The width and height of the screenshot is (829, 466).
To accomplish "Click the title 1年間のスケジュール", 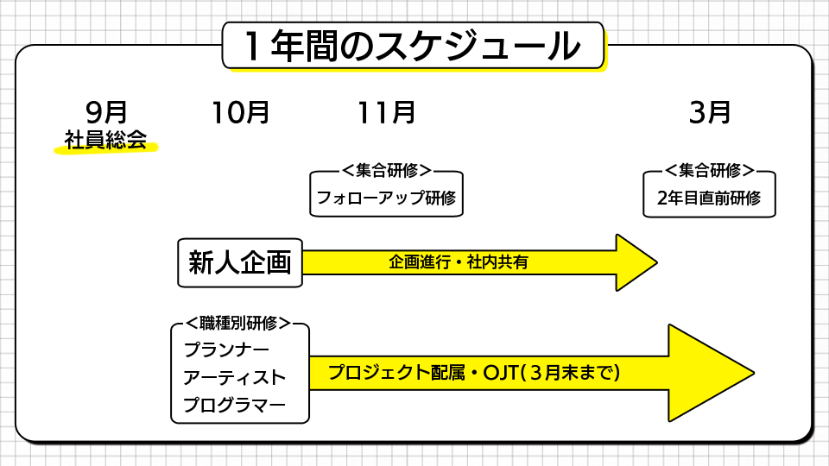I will [414, 46].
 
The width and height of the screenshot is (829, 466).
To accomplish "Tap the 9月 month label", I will [106, 112].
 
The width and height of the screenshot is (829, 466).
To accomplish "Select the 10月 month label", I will [240, 112].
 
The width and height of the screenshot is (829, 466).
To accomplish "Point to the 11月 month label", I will [386, 112].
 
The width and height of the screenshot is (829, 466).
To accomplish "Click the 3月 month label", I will [710, 112].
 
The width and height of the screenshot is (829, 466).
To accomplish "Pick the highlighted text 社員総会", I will [105, 140].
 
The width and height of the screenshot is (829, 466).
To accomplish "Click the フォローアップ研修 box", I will [386, 198].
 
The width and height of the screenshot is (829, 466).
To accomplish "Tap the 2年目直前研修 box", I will [709, 198].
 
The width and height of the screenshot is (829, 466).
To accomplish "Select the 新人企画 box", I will [240, 262].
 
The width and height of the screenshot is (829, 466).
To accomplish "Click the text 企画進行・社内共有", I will [459, 262].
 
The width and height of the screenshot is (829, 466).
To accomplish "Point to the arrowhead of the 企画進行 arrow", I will [636, 262].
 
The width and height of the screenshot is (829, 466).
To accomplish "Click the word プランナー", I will [226, 350].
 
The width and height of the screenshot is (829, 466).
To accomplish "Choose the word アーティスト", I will [234, 378].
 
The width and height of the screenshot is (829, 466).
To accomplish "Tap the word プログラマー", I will [234, 405].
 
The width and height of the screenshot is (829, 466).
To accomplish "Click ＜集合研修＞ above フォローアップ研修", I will [386, 171].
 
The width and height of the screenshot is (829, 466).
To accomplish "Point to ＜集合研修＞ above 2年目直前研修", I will [709, 171].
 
